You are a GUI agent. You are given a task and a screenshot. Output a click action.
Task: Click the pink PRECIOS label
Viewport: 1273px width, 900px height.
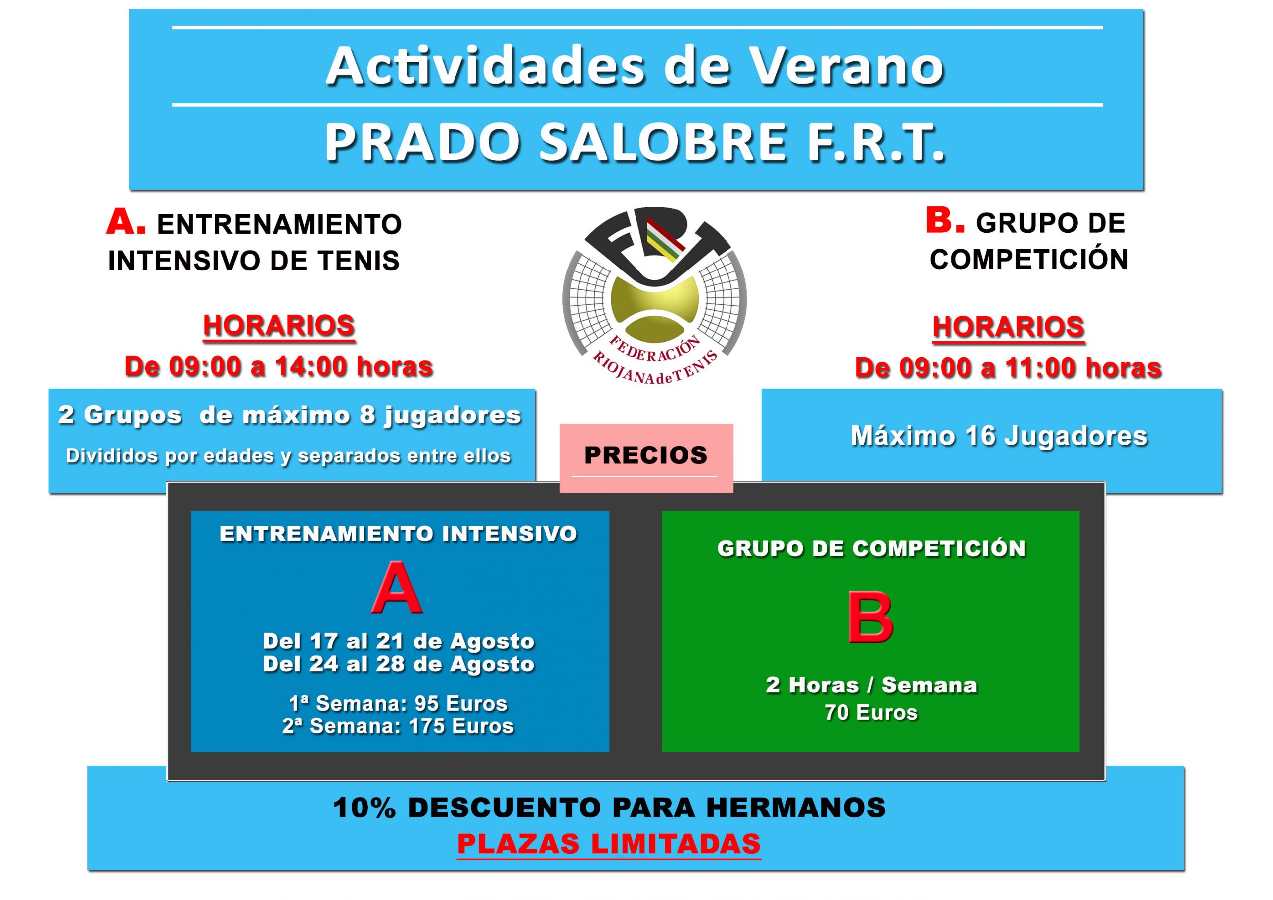646,456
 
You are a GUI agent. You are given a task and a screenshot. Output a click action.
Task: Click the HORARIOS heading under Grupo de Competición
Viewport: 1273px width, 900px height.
1008,327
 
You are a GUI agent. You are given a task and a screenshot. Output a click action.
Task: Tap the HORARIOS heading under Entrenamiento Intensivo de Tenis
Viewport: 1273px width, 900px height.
279,326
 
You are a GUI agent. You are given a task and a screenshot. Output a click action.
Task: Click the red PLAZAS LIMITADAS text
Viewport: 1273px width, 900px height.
609,844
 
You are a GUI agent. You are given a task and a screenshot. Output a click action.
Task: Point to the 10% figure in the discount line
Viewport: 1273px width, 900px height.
364,808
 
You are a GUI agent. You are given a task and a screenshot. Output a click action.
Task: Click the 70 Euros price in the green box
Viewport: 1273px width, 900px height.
871,713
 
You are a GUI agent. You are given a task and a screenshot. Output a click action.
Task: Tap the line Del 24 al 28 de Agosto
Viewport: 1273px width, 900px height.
398,664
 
